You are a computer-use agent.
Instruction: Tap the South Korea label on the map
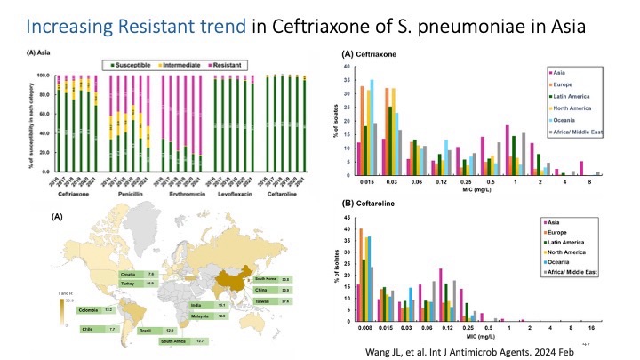tap(267, 279)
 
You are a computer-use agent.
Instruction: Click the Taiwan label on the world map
tap(263, 301)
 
